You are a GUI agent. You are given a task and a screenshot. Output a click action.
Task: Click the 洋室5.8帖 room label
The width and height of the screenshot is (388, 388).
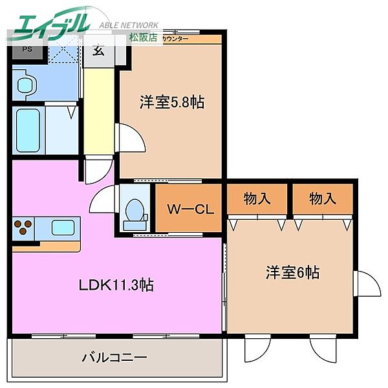172,102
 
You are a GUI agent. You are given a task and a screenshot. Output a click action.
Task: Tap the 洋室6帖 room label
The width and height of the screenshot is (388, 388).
292,272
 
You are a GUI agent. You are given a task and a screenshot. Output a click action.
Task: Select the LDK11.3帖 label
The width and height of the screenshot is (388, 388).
116,285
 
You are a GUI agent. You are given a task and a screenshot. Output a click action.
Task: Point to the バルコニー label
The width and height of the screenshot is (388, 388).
114,357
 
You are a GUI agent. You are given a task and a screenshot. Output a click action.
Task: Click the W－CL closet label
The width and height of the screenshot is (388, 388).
186,210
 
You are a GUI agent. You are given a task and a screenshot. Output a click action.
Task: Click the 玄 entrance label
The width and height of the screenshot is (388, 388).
99,50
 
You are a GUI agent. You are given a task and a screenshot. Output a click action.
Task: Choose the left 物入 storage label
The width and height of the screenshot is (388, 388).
257,199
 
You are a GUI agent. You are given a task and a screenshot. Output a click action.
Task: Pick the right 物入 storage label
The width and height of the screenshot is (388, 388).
322,199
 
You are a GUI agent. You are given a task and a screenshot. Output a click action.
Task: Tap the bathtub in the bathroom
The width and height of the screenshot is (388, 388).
28,131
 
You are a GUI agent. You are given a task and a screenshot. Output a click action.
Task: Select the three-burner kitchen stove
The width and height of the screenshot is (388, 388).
23,228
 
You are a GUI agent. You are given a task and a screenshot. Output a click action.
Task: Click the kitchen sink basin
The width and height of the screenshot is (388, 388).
63,228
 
